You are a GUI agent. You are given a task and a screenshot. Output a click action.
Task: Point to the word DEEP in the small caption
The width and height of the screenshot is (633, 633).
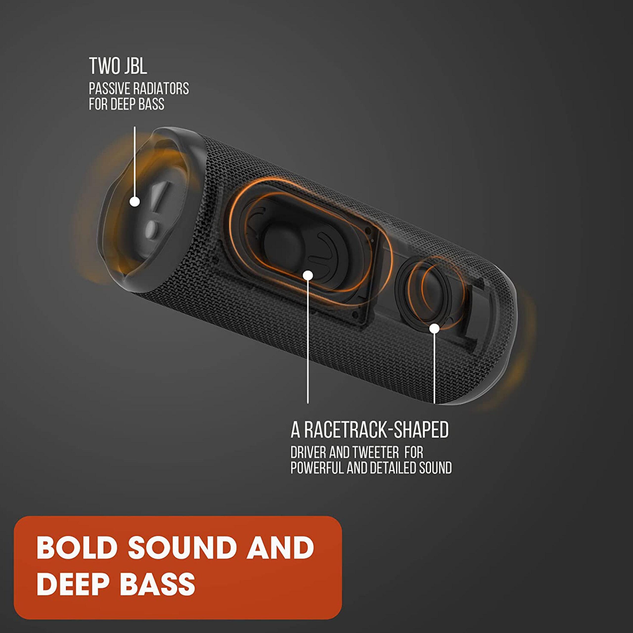123,104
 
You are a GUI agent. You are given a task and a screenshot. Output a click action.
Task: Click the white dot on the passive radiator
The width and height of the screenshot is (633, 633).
135,202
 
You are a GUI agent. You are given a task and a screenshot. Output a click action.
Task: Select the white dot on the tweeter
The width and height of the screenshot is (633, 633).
434,329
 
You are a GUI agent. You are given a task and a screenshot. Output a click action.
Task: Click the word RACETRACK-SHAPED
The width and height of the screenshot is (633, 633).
376,430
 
